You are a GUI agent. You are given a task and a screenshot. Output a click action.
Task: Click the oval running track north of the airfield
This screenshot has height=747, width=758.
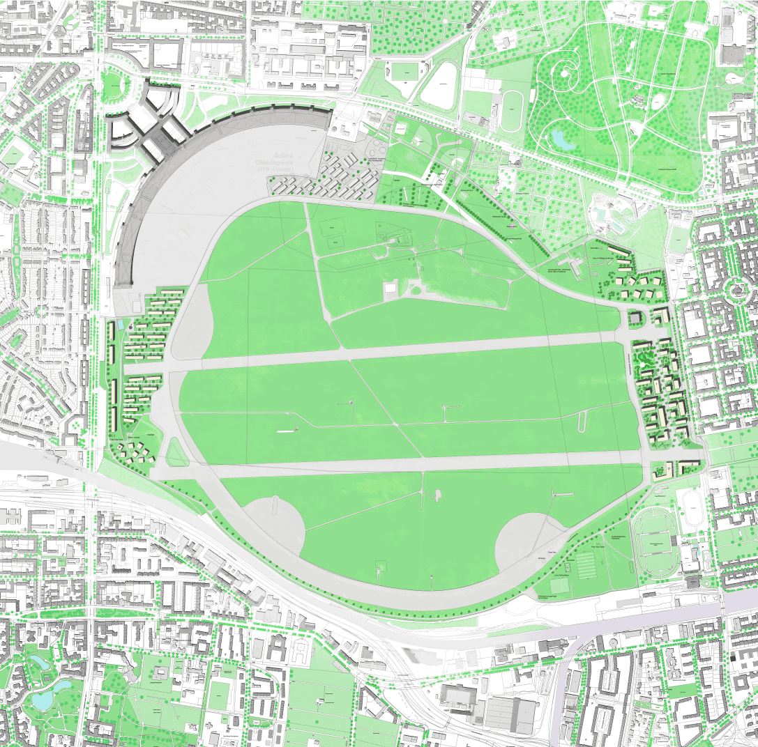513,110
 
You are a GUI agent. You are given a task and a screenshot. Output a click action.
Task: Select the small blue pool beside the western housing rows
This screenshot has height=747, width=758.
121,325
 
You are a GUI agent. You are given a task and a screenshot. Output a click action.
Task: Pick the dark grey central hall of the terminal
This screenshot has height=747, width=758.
158,139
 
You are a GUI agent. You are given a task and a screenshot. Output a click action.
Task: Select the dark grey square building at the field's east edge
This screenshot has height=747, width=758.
635,318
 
